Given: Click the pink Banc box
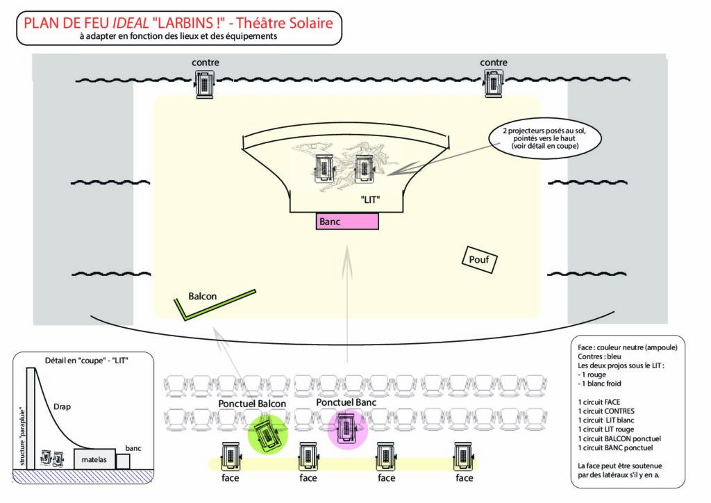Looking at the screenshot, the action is point(347,222).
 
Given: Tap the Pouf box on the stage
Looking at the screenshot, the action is point(479,259).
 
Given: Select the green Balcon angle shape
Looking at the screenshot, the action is point(213,303).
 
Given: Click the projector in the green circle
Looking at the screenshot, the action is point(267,434).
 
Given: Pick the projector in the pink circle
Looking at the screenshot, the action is point(348,427).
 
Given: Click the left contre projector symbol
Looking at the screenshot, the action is point(205,83).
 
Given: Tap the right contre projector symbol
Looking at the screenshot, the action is point(493,83).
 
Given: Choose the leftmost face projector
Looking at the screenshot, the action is point(231,456).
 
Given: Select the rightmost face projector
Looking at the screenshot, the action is point(464,456).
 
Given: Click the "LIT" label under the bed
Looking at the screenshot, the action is point(370,199).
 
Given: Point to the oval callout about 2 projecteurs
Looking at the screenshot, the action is point(545,138).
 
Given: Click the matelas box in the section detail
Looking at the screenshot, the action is point(94,459).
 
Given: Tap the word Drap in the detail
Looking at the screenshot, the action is point(62,407).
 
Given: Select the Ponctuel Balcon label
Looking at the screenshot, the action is point(252,404).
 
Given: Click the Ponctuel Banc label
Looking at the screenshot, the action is point(346,402).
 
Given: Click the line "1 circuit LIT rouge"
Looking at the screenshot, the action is point(605,429).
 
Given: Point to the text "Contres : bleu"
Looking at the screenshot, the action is point(599,356).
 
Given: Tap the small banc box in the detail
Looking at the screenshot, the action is point(123,461).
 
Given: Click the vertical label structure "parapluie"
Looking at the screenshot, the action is point(23,436).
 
